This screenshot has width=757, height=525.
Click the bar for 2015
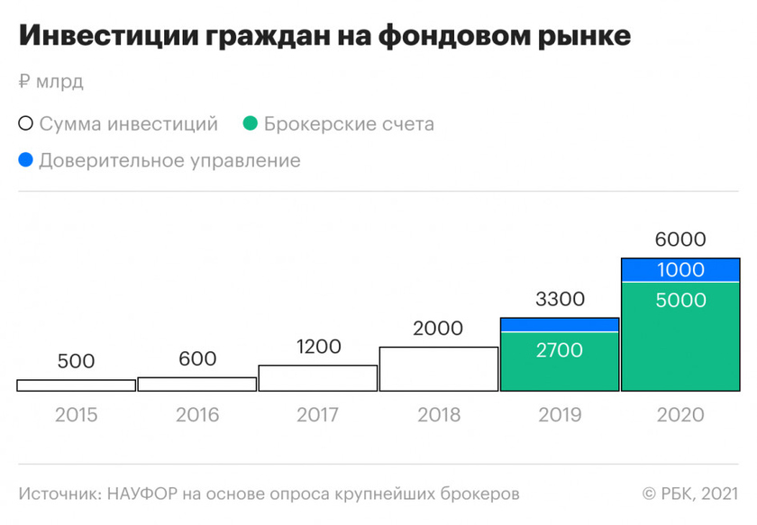click(x=77, y=385)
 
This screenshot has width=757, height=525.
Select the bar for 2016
click(x=197, y=385)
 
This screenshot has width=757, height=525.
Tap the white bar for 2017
click(x=318, y=378)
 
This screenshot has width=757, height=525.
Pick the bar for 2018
click(x=439, y=369)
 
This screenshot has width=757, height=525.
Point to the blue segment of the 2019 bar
click(x=560, y=325)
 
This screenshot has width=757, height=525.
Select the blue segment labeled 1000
click(x=680, y=270)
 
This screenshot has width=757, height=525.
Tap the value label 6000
click(x=680, y=240)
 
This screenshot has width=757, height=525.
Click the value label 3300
click(x=560, y=298)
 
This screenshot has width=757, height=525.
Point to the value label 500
click(x=77, y=361)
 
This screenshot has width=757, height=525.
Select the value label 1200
click(x=318, y=346)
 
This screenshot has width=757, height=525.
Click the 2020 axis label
click(x=680, y=415)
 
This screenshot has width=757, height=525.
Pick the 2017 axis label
click(x=318, y=415)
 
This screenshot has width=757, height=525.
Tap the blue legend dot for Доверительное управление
click(x=25, y=160)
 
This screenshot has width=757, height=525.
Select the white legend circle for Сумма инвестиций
click(x=25, y=124)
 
